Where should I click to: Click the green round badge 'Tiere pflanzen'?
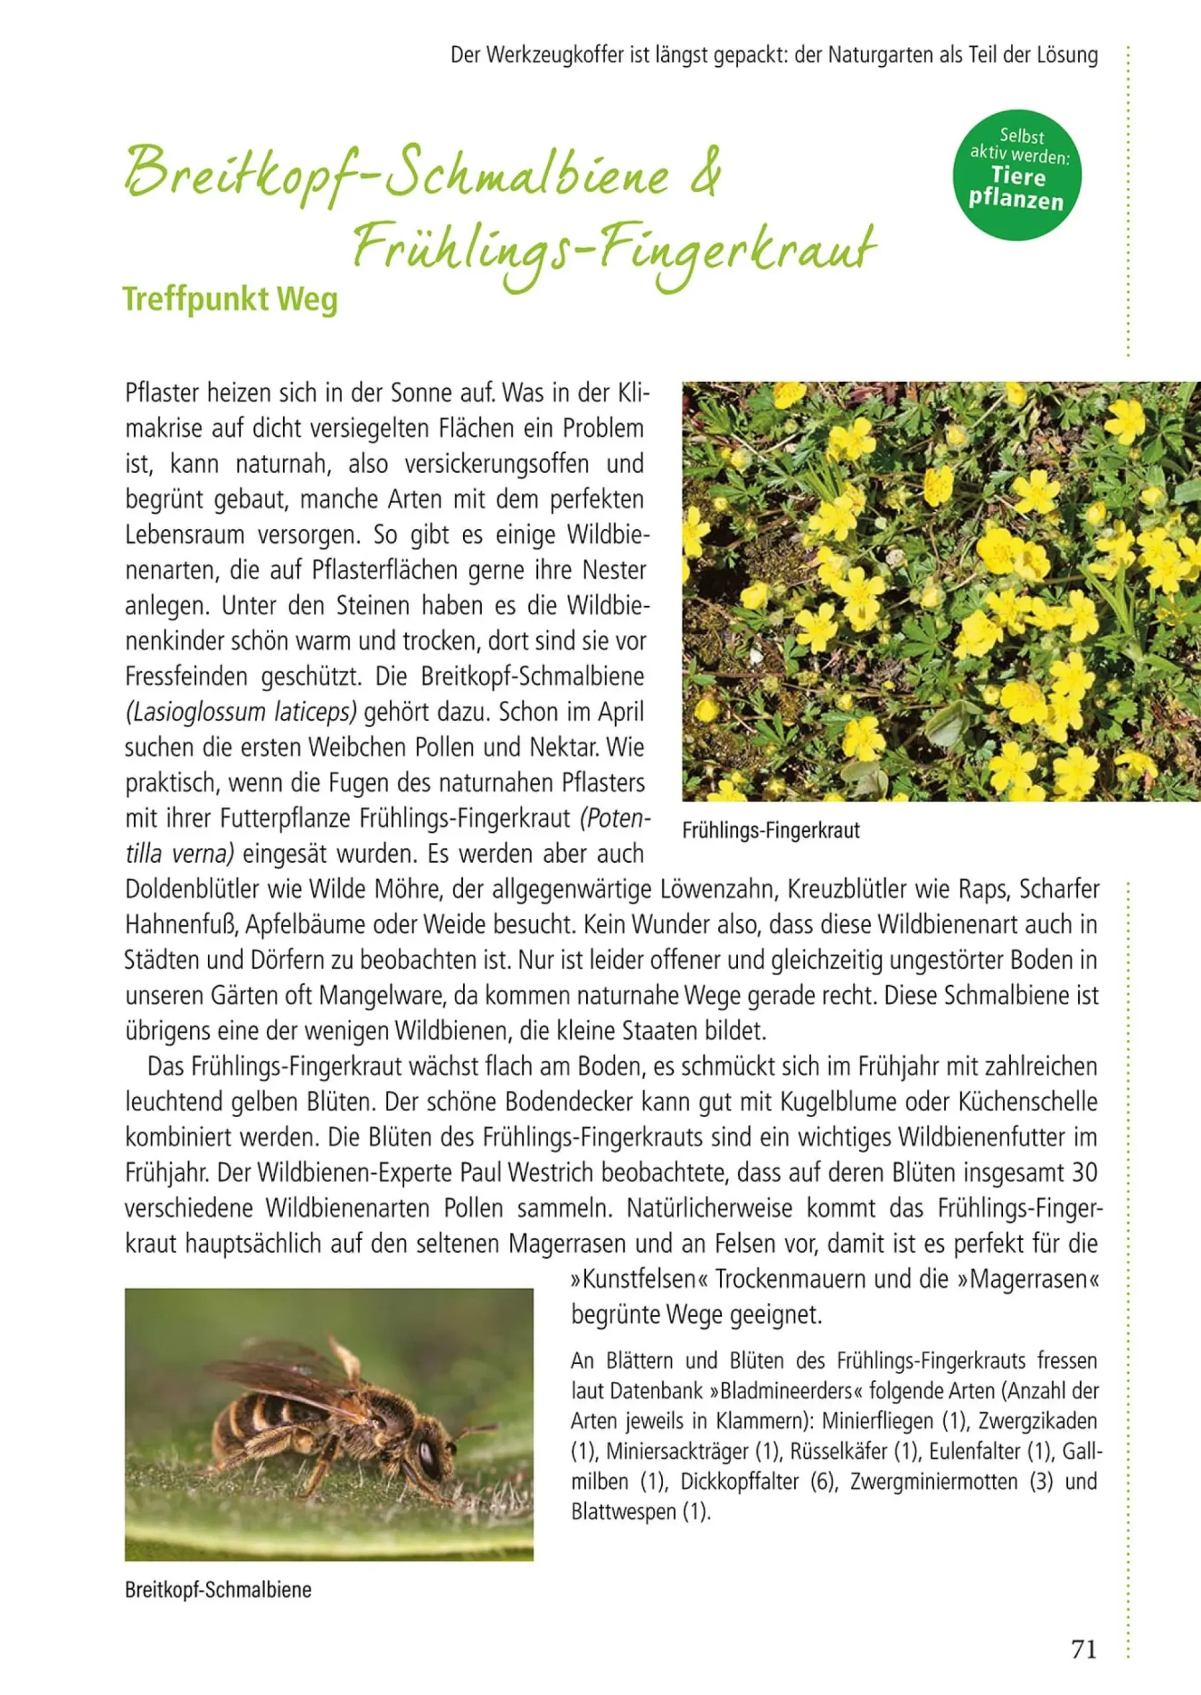(x=1016, y=176)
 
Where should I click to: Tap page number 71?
(x=1083, y=1649)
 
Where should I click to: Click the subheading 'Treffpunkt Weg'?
(x=230, y=299)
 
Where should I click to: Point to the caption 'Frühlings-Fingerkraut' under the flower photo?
(x=770, y=830)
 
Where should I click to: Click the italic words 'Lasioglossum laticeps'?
(x=241, y=712)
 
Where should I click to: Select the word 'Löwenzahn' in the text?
(x=713, y=889)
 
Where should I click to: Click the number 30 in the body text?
(x=1082, y=1173)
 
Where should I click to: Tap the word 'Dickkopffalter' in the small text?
(x=739, y=1481)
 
